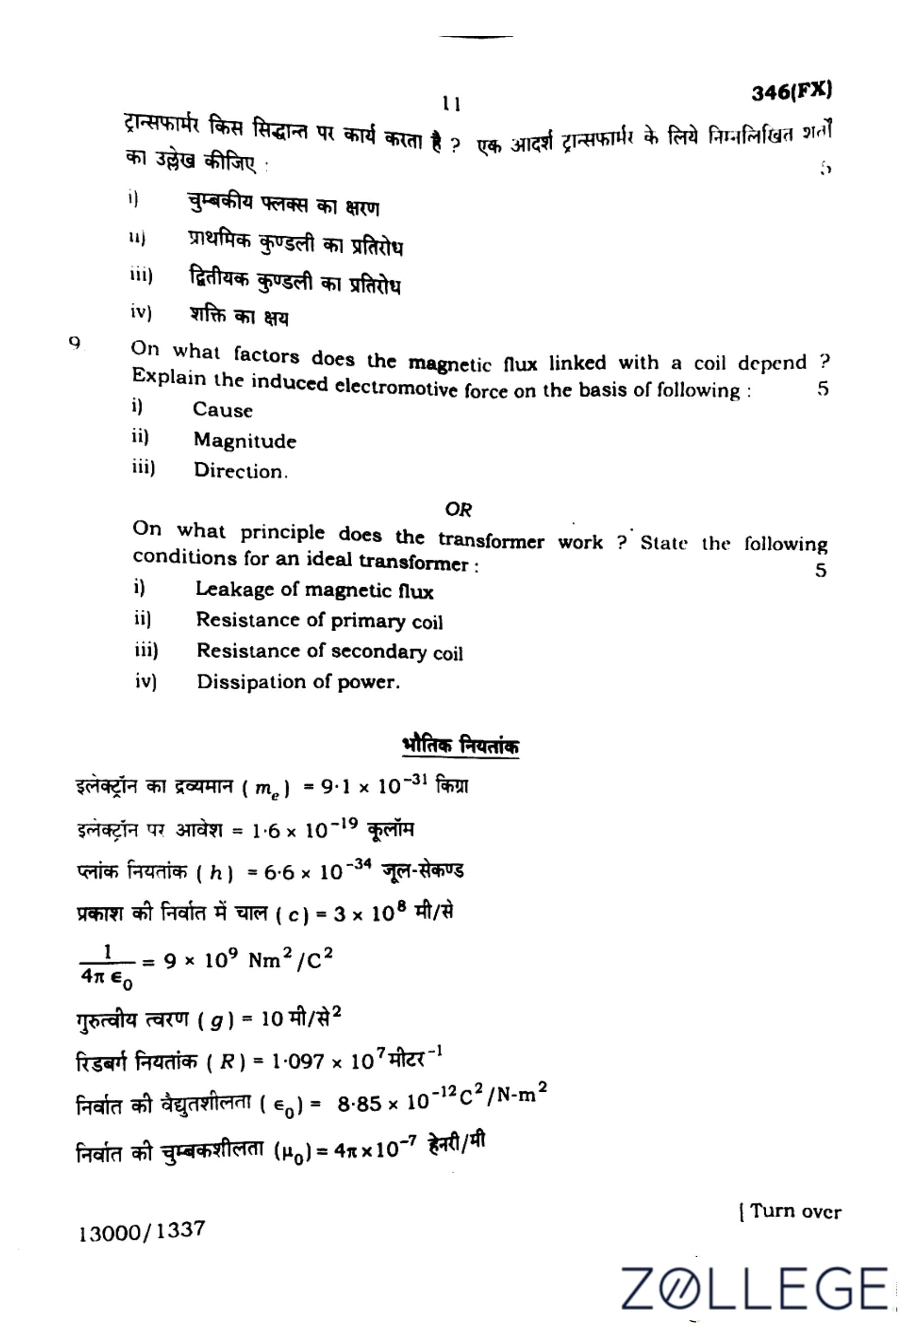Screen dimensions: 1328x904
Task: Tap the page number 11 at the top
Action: [x=451, y=104]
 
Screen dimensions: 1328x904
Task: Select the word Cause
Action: [x=222, y=410]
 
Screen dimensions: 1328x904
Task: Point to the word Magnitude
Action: [x=244, y=440]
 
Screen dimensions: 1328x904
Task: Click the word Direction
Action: [x=239, y=471]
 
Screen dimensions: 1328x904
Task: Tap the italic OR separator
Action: [x=458, y=509]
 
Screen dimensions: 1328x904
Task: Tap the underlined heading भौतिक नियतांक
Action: [x=461, y=746]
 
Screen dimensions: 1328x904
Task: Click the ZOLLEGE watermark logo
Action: [x=755, y=1287]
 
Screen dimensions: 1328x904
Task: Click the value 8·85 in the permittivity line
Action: [x=359, y=1103]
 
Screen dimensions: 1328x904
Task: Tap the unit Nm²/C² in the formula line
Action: [x=290, y=960]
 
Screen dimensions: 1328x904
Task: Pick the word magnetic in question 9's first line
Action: [x=450, y=364]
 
